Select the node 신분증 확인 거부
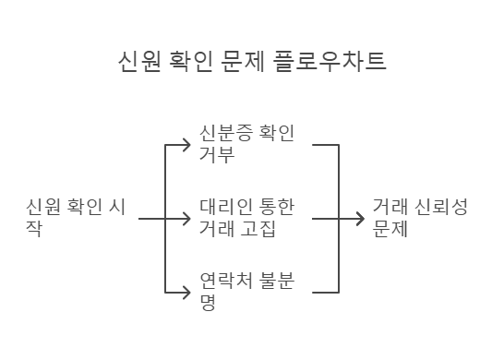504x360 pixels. pyautogui.click(x=246, y=143)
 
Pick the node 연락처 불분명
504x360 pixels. pyautogui.click(x=246, y=292)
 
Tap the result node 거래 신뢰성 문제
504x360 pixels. pyautogui.click(x=420, y=218)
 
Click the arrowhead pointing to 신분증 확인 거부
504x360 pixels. pyautogui.click(x=188, y=144)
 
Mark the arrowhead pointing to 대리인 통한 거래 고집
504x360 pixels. pyautogui.click(x=188, y=219)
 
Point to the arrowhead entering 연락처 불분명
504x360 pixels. pyautogui.click(x=188, y=293)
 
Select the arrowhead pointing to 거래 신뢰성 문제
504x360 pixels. pyautogui.click(x=360, y=219)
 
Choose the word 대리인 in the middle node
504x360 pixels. pyautogui.click(x=224, y=207)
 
